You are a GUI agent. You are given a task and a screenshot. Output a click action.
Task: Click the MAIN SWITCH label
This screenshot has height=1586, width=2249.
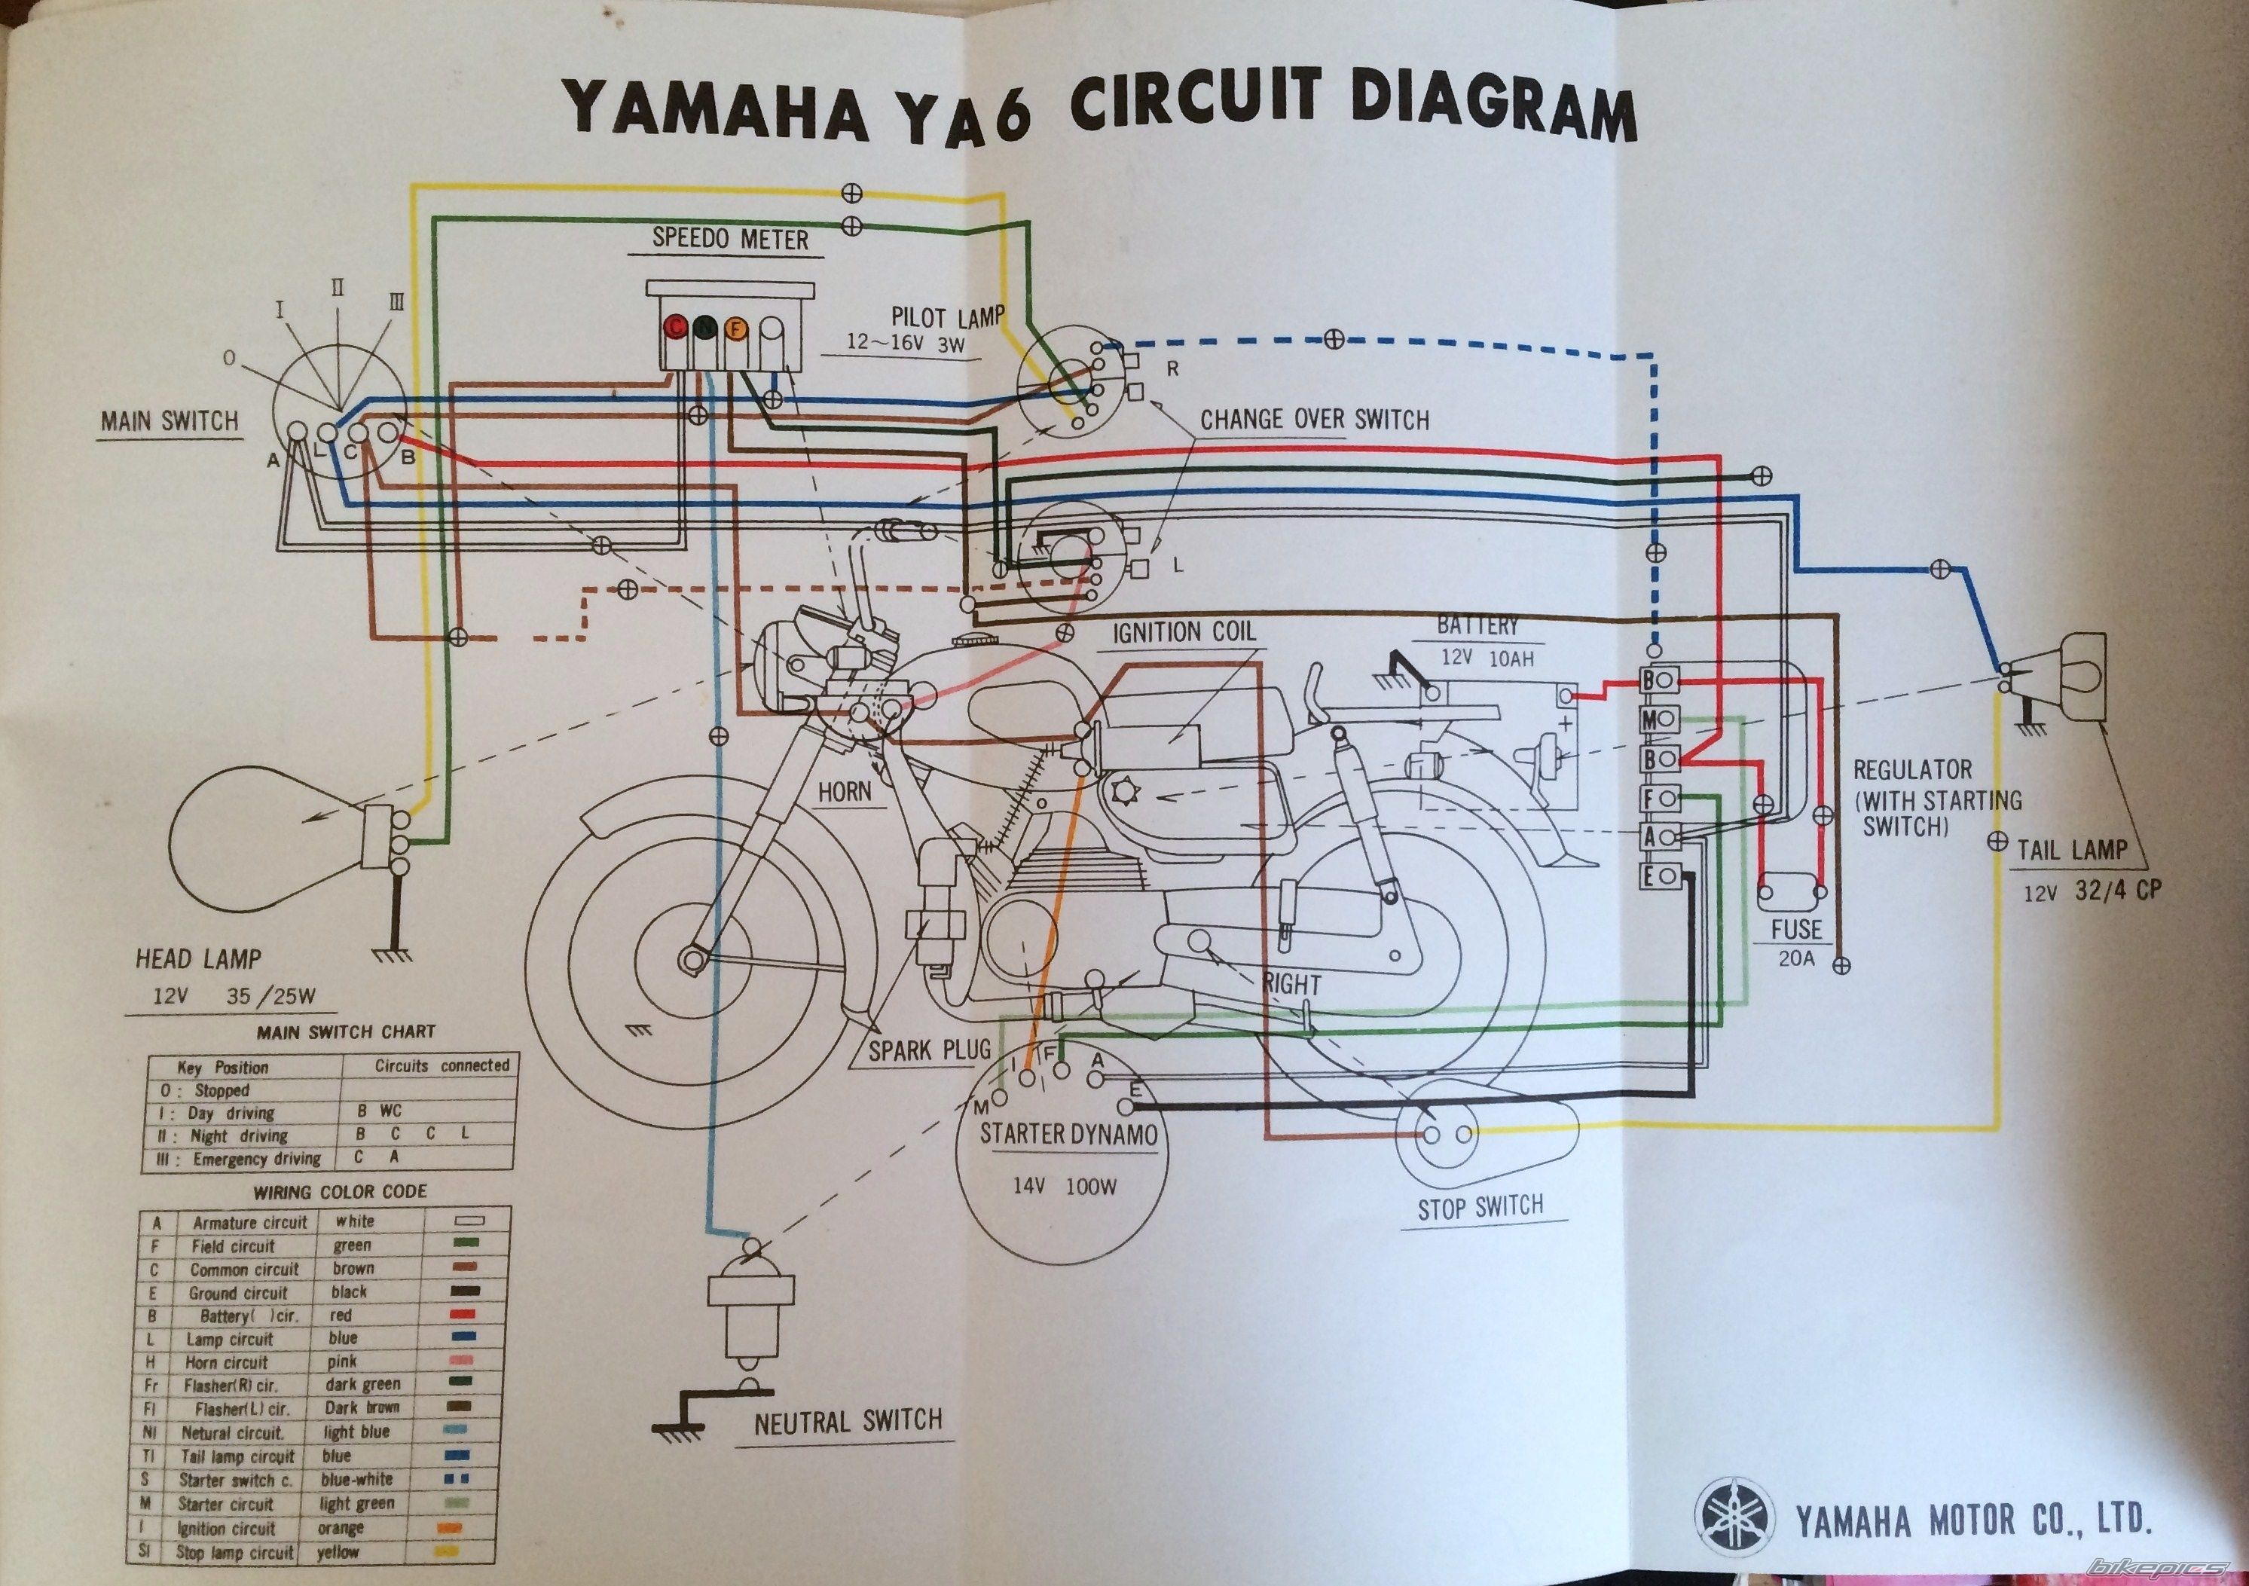[x=170, y=421]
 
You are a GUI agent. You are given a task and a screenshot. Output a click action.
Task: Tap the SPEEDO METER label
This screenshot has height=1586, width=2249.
[x=731, y=239]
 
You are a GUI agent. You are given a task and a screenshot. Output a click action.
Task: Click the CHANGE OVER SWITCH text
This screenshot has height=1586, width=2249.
[x=1315, y=420]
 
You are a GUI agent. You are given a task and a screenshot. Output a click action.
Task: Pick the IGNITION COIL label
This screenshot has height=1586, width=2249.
[x=1184, y=633]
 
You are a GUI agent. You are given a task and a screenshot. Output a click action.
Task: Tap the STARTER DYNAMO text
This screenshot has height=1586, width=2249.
[x=1068, y=1135]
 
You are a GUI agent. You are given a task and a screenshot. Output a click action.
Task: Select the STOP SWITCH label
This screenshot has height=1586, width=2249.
[x=1480, y=1207]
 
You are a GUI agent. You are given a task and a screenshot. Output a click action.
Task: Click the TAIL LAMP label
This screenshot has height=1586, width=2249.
[x=2072, y=848]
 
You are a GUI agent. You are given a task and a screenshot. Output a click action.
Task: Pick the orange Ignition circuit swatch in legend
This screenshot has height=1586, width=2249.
[x=453, y=1528]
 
